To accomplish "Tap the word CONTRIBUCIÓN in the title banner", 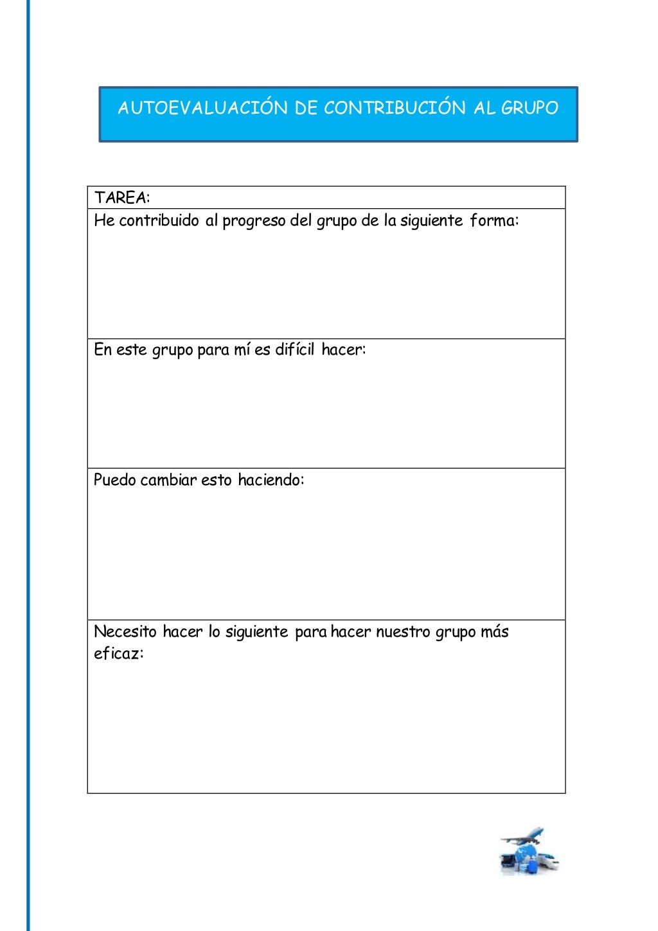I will [395, 108].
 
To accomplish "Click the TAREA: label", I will [122, 198].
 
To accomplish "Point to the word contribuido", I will [159, 221].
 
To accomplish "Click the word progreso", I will [254, 221].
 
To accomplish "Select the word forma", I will [493, 221].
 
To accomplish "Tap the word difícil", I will [294, 350].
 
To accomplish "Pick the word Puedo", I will [114, 480].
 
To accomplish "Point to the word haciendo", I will [269, 480].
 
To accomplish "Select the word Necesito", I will [125, 632].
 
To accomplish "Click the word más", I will [494, 632].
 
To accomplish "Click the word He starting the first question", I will [104, 221].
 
